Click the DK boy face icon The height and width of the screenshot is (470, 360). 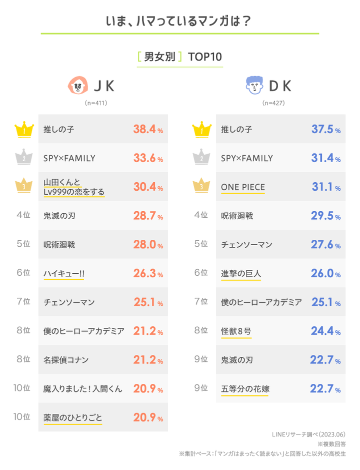(x=255, y=86)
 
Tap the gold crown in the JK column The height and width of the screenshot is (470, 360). (x=23, y=130)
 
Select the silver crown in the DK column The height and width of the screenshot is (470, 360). (x=201, y=158)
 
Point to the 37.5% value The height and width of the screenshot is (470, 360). (x=325, y=130)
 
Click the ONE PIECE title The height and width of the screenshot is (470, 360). (x=243, y=187)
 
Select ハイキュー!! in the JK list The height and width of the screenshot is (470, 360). (x=64, y=273)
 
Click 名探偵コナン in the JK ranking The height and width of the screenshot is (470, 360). (x=66, y=359)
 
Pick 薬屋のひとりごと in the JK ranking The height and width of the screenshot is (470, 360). (x=73, y=417)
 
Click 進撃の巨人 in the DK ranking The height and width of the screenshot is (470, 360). (x=241, y=273)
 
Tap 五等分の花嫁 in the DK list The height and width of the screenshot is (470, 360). (x=244, y=388)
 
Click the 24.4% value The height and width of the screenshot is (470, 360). (x=325, y=331)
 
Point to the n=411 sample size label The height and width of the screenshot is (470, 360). (x=96, y=104)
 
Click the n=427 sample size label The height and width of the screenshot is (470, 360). (x=273, y=104)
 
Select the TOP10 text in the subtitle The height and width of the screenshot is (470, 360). (x=205, y=57)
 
